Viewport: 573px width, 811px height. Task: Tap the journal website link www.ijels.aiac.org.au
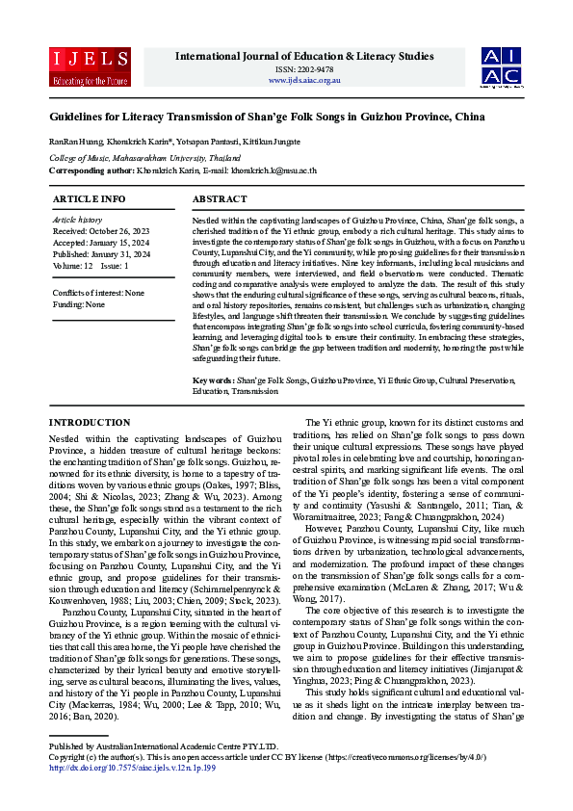click(304, 80)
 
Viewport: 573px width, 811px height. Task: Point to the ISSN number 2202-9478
click(304, 69)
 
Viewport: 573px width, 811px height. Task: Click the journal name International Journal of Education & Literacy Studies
click(304, 56)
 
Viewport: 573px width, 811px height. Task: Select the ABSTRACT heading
click(220, 198)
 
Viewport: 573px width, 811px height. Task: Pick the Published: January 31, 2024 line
click(100, 253)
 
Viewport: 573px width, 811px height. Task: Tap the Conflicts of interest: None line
click(98, 293)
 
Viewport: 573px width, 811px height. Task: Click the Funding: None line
click(80, 303)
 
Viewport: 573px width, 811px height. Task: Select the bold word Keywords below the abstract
click(212, 380)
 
